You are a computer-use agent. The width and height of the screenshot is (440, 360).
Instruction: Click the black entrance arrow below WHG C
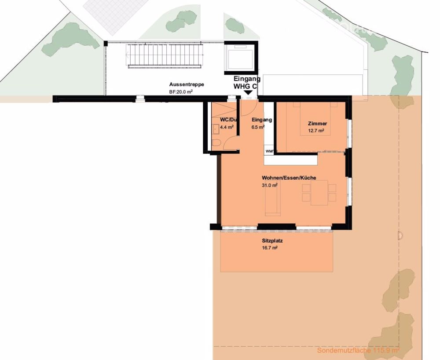click(248, 93)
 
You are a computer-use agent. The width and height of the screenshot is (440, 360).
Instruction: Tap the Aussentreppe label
click(186, 84)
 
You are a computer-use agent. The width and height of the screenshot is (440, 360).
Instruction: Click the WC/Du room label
click(229, 120)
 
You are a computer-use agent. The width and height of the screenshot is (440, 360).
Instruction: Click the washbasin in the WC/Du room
click(216, 129)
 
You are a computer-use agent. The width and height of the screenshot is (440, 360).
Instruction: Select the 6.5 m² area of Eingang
click(258, 127)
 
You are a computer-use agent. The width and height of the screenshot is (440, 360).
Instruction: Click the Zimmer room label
click(317, 124)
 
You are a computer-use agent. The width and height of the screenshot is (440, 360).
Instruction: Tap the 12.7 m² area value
click(315, 131)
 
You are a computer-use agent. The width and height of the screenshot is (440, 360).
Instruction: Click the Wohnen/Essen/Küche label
click(289, 178)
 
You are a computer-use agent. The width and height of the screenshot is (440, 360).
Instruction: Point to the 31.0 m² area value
click(270, 185)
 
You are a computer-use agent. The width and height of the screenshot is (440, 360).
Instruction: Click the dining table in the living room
click(319, 194)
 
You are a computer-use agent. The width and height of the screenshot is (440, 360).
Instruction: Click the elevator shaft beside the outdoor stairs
click(240, 57)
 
